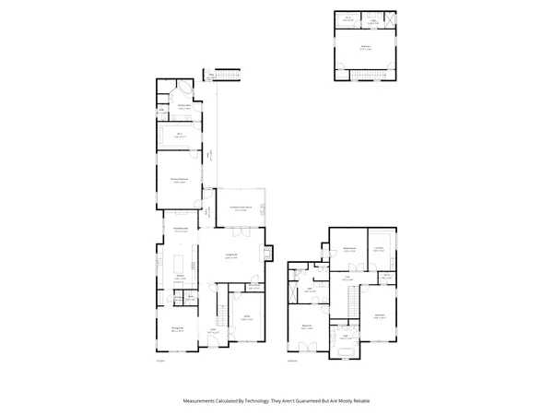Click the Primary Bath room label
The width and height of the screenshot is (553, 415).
point(183,107)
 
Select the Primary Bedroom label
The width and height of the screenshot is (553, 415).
point(179,180)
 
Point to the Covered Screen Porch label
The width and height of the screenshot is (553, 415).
point(242,208)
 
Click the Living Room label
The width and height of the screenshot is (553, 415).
point(231,255)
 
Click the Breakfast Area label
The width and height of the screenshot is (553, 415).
point(181,230)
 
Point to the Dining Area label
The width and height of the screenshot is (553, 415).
point(177,328)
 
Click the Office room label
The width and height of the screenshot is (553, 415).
point(247,319)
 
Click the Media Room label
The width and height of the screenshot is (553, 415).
point(350,250)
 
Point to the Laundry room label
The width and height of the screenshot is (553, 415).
point(379,248)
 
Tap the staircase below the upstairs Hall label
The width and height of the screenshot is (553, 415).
point(353,298)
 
